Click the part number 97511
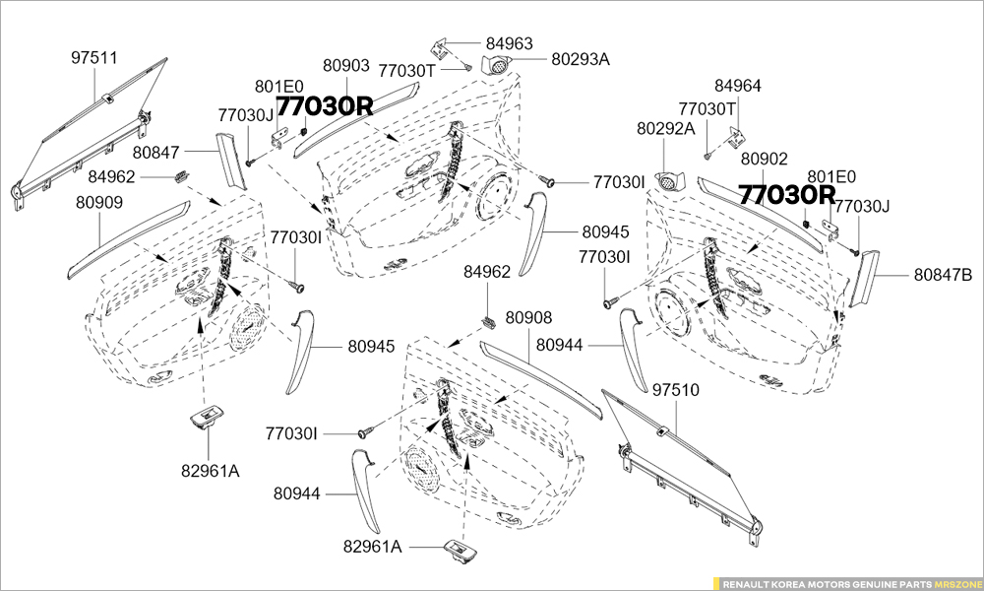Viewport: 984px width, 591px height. tap(94, 58)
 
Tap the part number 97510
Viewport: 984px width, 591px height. tap(675, 391)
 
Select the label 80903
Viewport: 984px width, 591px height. tap(346, 66)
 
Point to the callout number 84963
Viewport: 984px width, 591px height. tap(509, 43)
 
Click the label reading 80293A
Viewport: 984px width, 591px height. tap(581, 59)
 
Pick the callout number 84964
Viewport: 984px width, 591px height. tap(738, 86)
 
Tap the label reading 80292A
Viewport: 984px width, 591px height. tap(665, 128)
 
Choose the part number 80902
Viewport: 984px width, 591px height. tap(765, 159)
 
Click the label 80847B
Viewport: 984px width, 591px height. tap(943, 275)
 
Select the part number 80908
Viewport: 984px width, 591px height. tap(528, 317)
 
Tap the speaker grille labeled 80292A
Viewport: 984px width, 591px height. tap(672, 182)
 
